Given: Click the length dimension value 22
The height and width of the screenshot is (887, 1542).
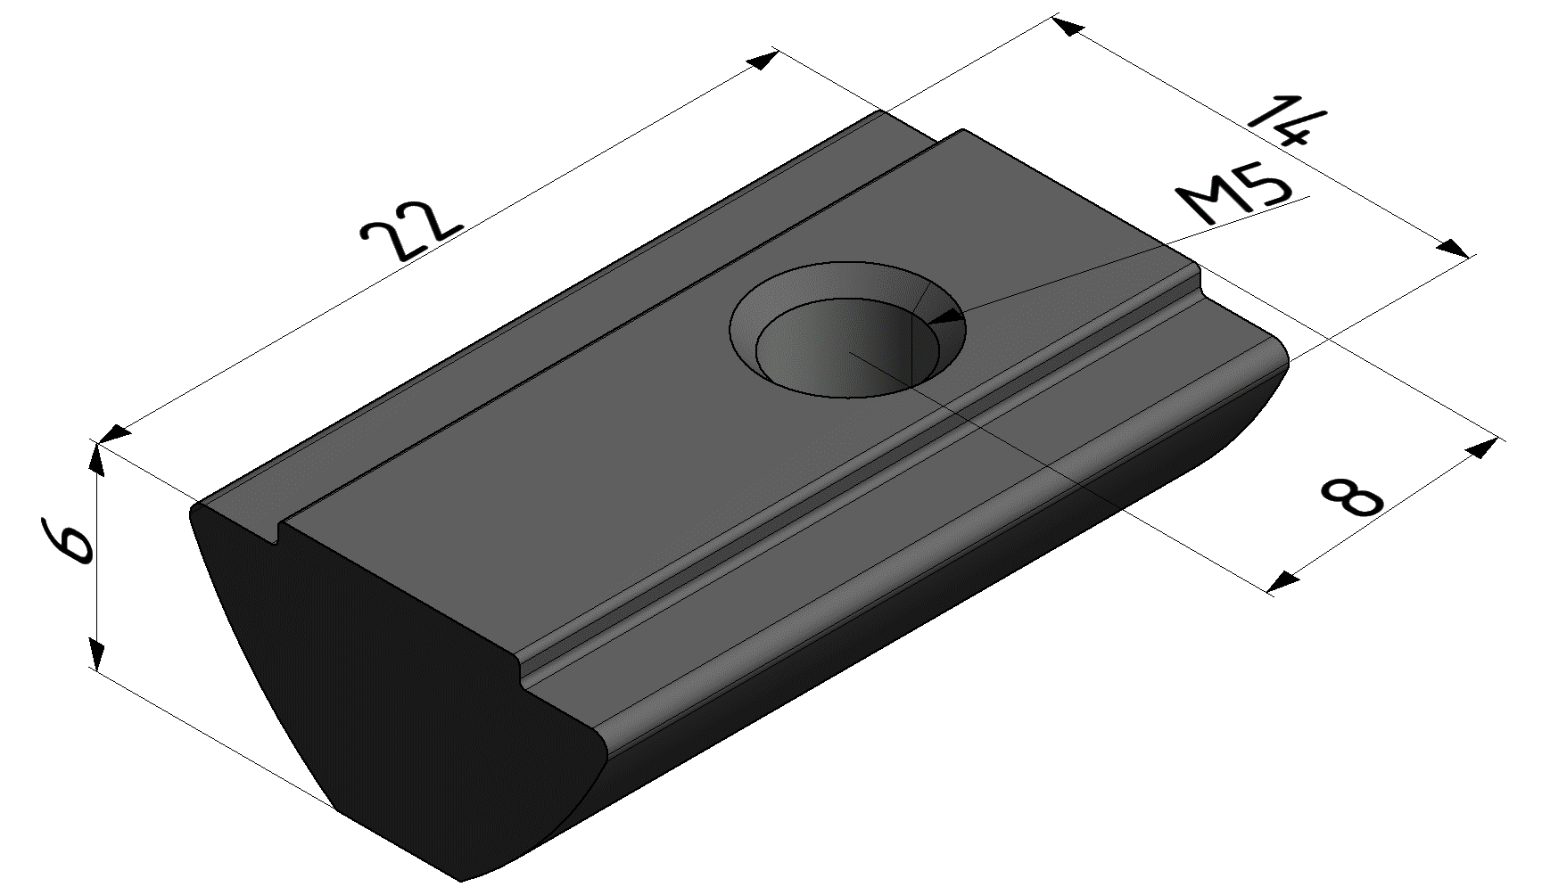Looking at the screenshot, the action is point(412,230).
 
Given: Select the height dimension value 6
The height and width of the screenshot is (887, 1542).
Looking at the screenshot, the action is point(67,540).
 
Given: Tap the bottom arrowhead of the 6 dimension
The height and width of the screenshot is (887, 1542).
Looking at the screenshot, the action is point(95,653).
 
